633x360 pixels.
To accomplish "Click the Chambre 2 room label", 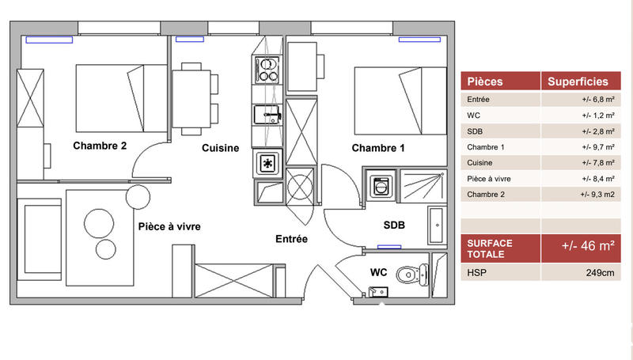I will pyautogui.click(x=100, y=146).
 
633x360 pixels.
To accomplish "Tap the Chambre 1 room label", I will pyautogui.click(x=378, y=148).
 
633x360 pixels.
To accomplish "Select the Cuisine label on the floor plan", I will pyautogui.click(x=220, y=148).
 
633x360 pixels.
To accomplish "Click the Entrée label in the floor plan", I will pyautogui.click(x=291, y=238).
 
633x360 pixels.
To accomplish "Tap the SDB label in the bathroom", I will pyautogui.click(x=394, y=225).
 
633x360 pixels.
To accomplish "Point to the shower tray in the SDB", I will pyautogui.click(x=424, y=186).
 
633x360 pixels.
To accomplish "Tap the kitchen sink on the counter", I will pyautogui.click(x=268, y=116).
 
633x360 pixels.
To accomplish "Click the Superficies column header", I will pyautogui.click(x=578, y=81).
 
